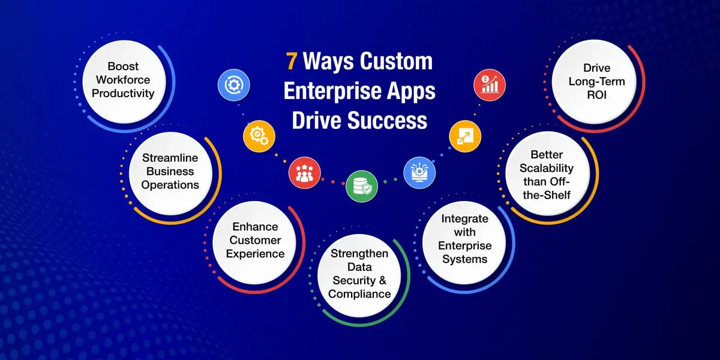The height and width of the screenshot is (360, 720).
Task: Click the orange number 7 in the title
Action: [290, 62]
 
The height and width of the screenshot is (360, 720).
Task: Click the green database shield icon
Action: [361, 185]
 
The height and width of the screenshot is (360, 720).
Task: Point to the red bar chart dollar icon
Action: [488, 85]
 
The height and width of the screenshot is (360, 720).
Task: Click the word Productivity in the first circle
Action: [127, 93]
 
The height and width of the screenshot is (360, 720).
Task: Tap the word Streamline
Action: [170, 158]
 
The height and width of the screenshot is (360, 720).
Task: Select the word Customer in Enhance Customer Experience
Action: [256, 240]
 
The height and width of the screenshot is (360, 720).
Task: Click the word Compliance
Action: [359, 293]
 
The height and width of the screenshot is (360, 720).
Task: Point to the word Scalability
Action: [547, 169]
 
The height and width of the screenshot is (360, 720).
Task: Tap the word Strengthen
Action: [359, 254]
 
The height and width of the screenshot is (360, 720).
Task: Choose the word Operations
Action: [170, 185]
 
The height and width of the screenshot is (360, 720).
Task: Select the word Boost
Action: [127, 67]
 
